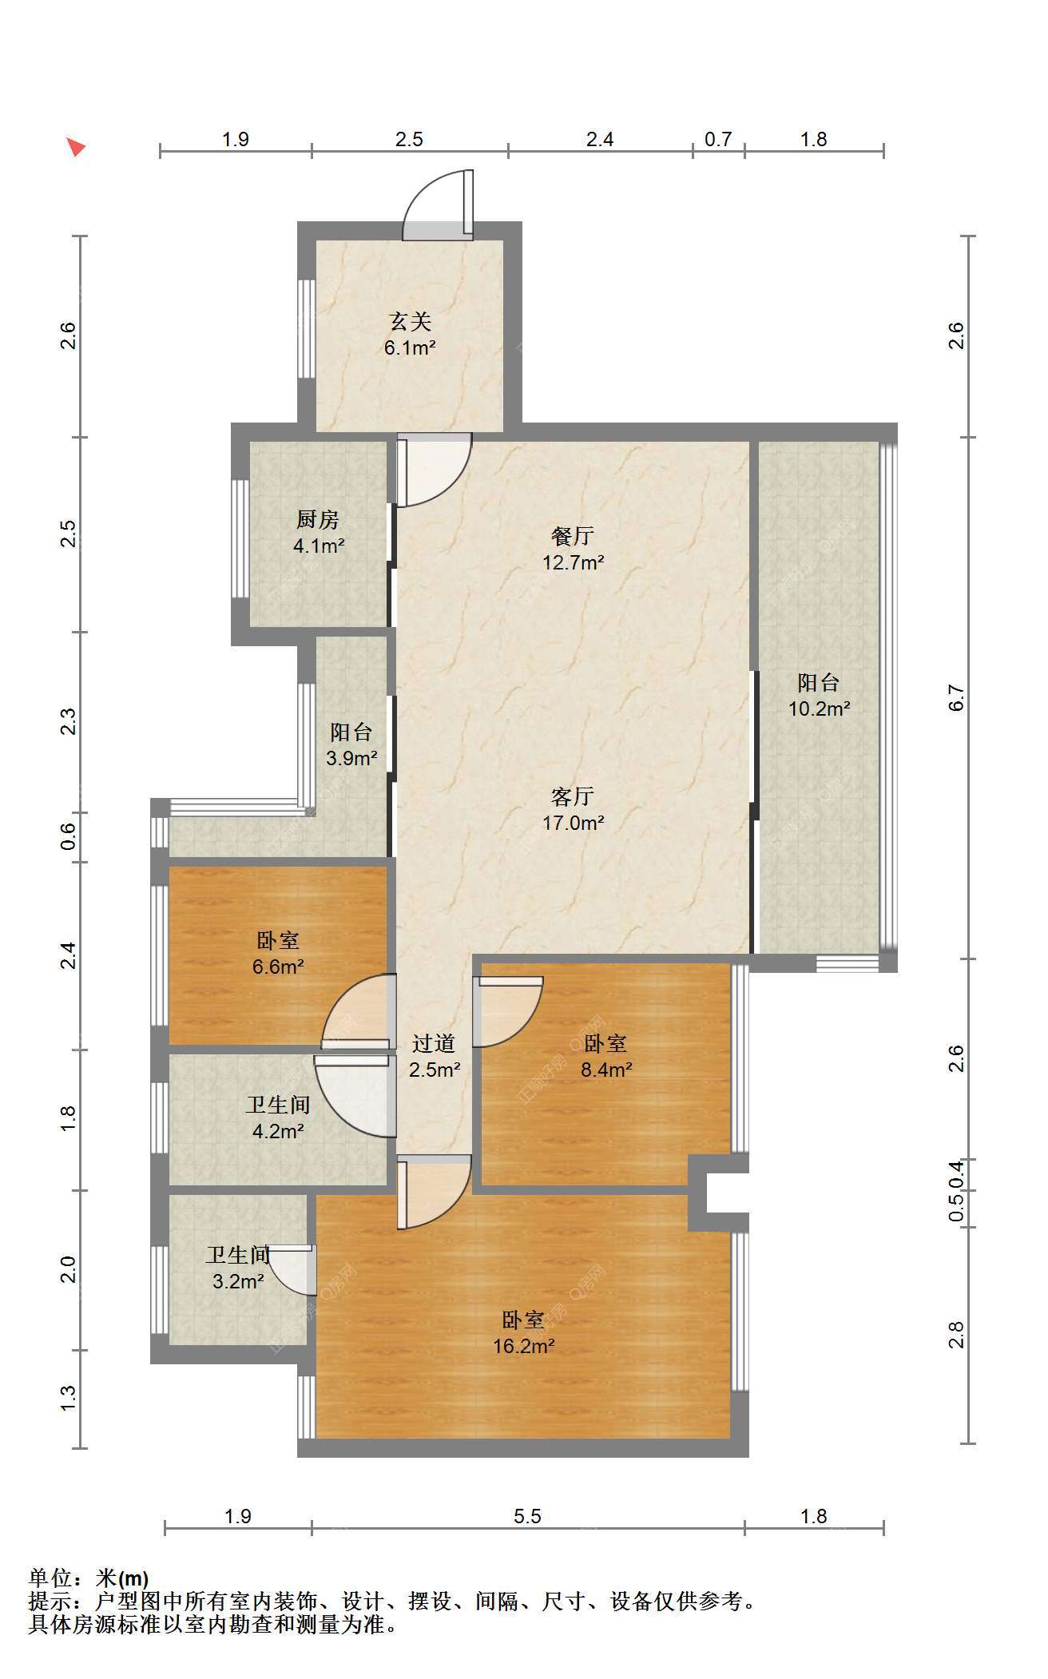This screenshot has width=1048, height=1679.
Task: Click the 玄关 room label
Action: tap(410, 322)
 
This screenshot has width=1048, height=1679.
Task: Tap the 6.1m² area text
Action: tap(410, 347)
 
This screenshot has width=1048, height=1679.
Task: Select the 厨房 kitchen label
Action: tap(318, 520)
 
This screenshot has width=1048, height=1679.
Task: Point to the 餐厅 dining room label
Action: tap(573, 536)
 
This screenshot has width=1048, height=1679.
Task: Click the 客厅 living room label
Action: tap(573, 796)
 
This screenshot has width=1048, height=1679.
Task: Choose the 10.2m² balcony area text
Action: tap(819, 709)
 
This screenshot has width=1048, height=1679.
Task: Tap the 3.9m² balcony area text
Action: tap(351, 758)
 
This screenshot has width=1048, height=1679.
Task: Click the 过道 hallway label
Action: tap(434, 1043)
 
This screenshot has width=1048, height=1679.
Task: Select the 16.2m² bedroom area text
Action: tap(523, 1346)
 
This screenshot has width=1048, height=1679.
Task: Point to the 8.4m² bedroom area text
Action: tap(606, 1070)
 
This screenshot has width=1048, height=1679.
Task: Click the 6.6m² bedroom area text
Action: tap(278, 967)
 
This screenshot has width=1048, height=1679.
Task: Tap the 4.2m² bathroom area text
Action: tap(278, 1131)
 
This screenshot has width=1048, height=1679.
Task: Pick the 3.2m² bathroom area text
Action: tap(238, 1282)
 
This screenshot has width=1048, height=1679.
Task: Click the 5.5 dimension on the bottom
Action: tap(528, 1516)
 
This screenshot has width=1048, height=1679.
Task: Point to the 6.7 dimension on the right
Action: tap(957, 698)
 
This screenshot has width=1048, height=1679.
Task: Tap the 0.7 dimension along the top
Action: tap(718, 139)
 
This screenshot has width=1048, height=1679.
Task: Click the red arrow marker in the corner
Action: tap(75, 147)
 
